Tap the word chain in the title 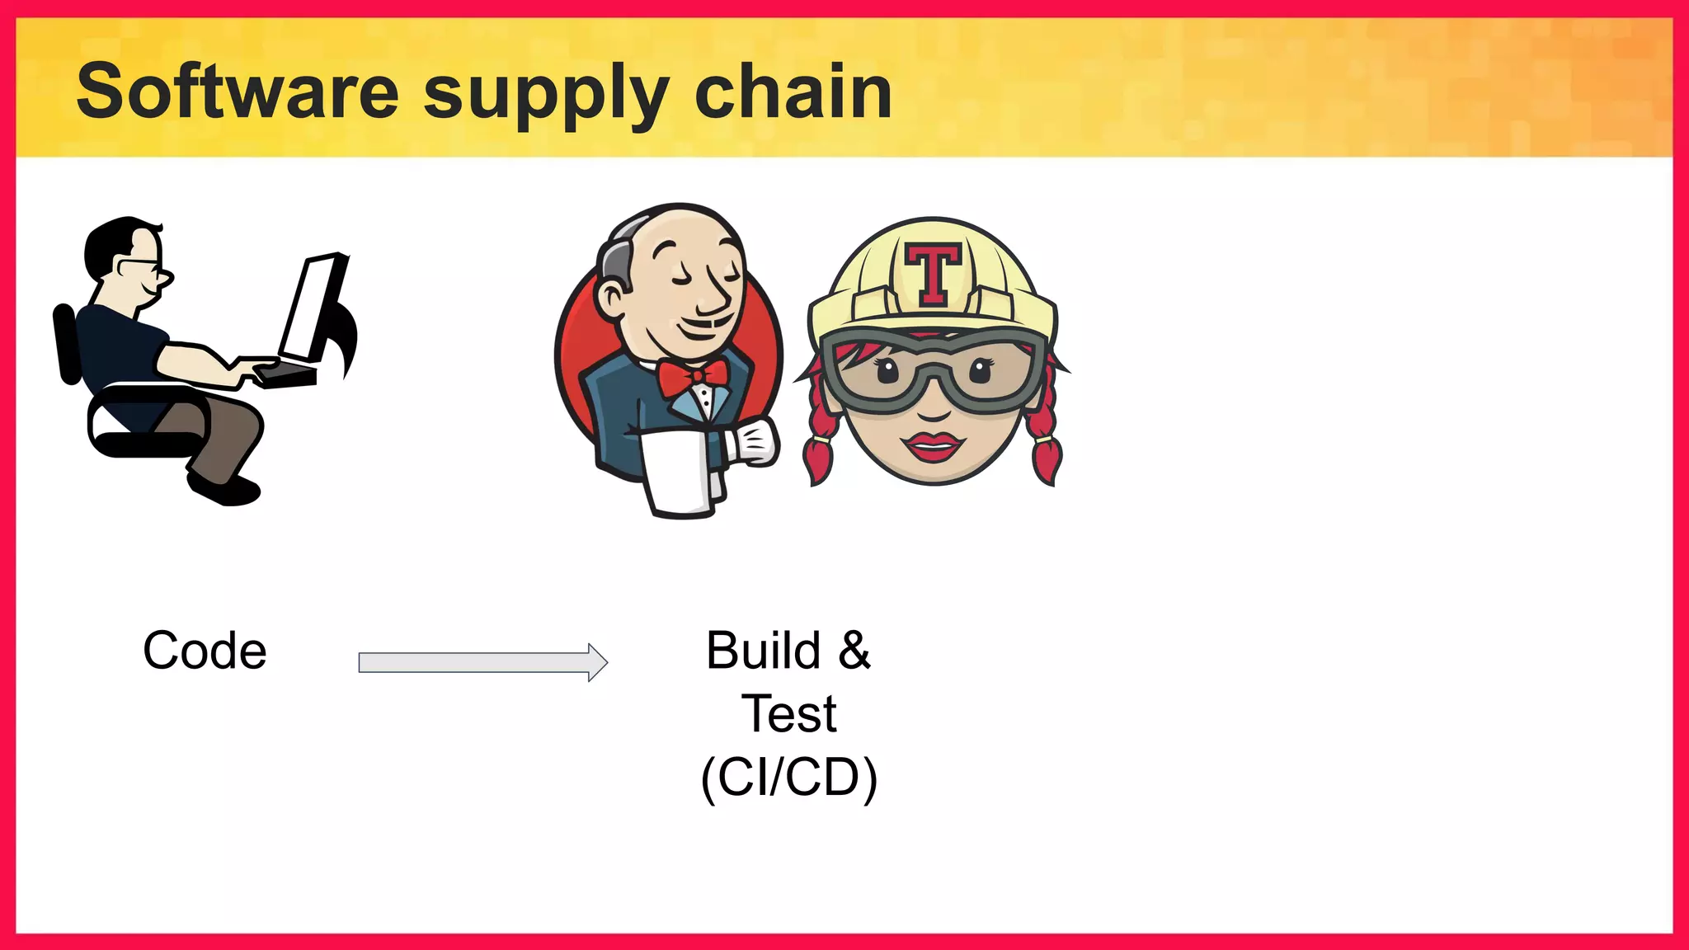tap(793, 92)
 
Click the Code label tap(205, 651)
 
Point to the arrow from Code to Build tap(482, 662)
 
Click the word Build tap(763, 651)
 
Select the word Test tap(789, 713)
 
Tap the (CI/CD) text tap(789, 777)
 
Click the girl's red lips tap(933, 446)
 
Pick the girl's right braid tap(1044, 437)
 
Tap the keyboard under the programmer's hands tap(284, 375)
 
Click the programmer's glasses tap(142, 266)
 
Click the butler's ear tap(612, 298)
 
